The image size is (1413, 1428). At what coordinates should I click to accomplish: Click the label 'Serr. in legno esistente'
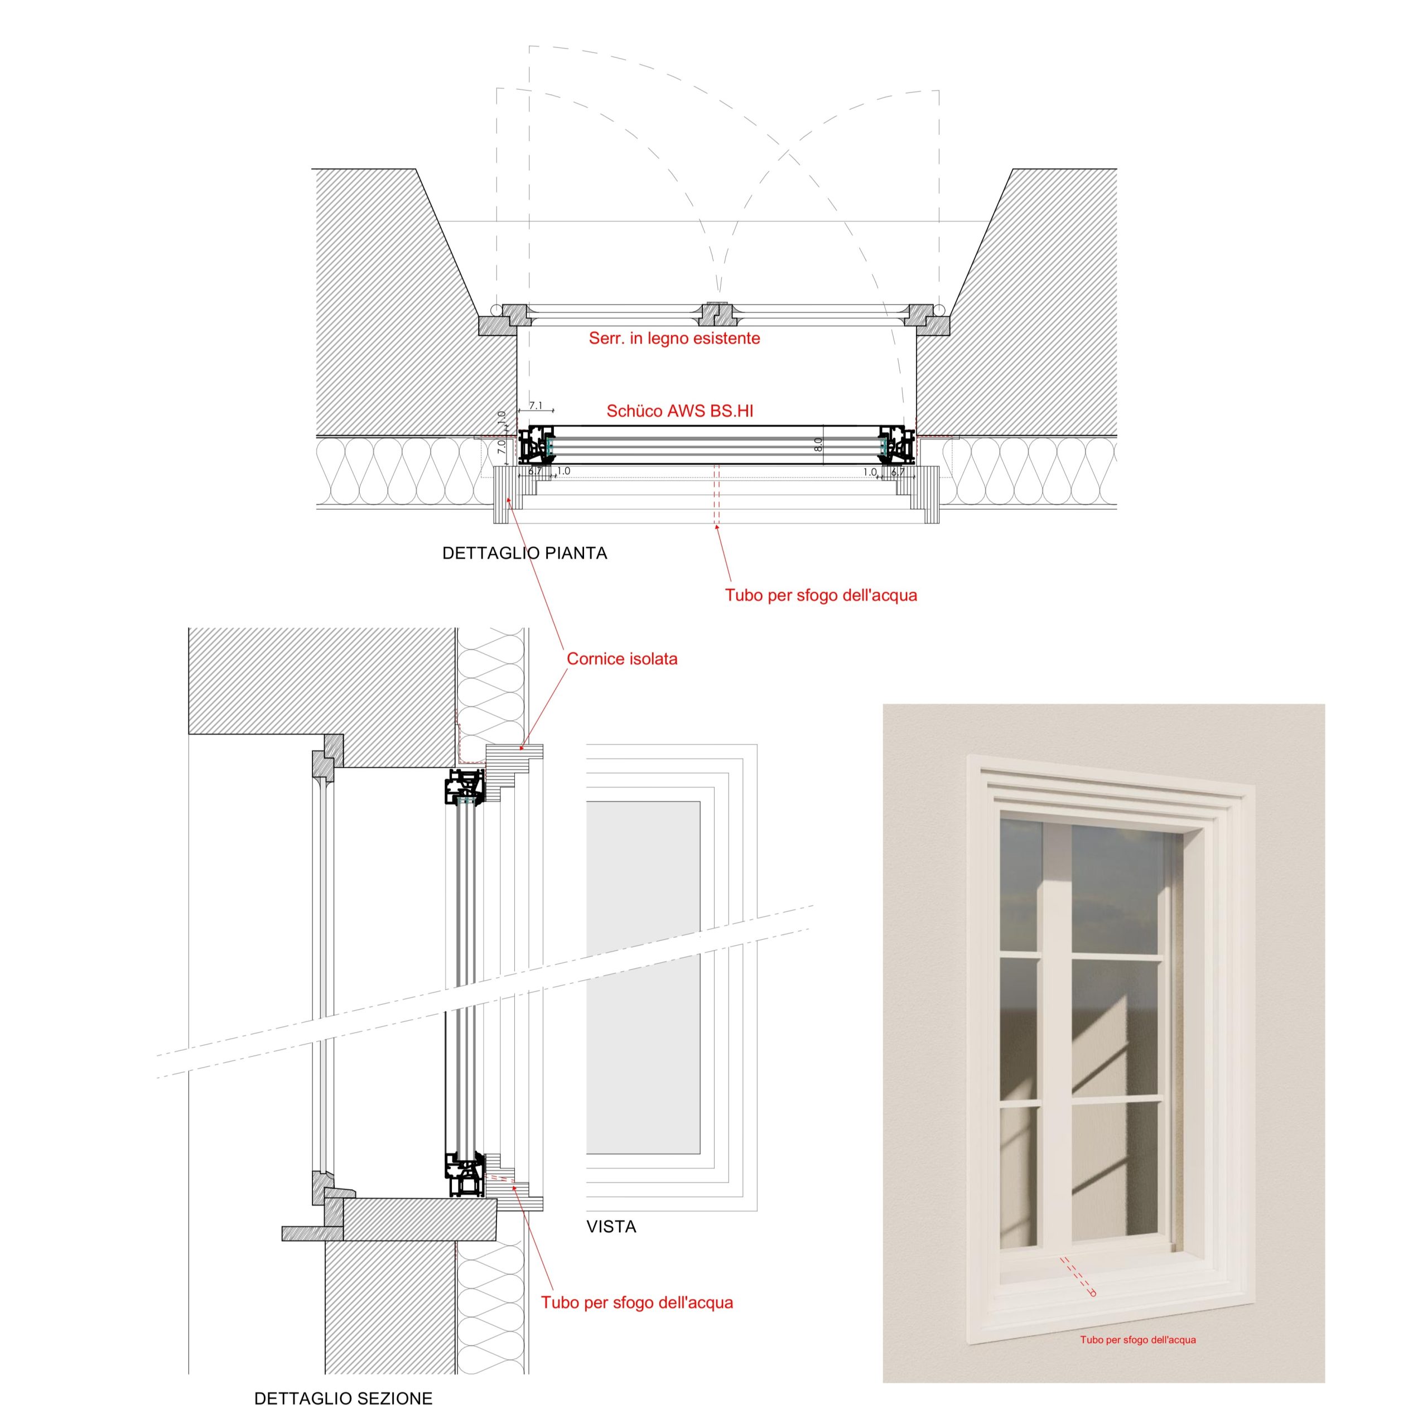(x=674, y=339)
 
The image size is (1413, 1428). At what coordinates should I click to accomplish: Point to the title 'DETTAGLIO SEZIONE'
(x=343, y=1398)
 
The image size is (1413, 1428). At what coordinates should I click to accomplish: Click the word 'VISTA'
(x=611, y=1227)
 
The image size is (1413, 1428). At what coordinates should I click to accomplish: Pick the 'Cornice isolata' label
(x=621, y=659)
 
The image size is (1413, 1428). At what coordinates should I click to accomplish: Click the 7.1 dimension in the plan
(x=536, y=406)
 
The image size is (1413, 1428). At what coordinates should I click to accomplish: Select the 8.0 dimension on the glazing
(x=818, y=445)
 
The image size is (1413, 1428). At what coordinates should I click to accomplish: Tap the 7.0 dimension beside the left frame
(x=501, y=446)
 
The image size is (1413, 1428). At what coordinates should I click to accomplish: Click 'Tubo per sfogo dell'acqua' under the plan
(x=821, y=595)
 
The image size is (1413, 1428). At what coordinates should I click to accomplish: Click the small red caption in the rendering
(x=1137, y=1339)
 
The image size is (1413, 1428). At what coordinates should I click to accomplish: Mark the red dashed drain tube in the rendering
(x=1078, y=1276)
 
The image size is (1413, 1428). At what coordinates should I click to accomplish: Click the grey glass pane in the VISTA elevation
(x=643, y=977)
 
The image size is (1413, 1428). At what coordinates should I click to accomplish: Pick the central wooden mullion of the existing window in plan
(x=717, y=315)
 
